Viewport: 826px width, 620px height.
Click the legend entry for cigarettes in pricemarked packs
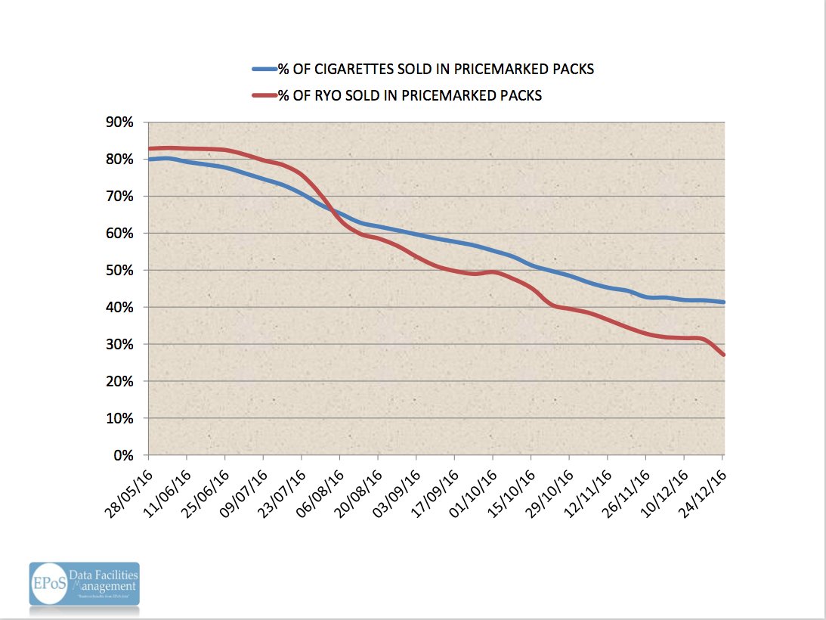pos(435,70)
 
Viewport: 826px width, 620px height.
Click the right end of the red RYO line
pos(724,355)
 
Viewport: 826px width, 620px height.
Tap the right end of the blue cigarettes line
pos(724,302)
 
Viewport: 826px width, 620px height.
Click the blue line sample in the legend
pos(265,70)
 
